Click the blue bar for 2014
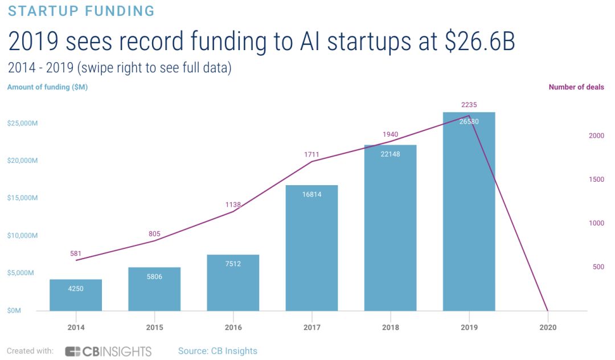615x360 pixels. click(76, 296)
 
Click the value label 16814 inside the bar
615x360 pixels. click(311, 194)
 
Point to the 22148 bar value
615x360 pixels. click(390, 154)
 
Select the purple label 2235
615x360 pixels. click(469, 105)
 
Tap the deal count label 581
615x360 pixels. click(76, 253)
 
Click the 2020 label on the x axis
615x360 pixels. click(547, 328)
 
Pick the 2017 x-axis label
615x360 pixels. click(311, 328)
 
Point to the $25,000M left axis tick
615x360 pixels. click(23, 124)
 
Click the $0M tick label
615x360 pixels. click(14, 311)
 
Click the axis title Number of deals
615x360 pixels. click(576, 87)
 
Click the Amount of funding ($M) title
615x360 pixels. click(47, 87)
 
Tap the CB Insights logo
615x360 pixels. click(108, 351)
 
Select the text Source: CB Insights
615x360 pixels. click(218, 351)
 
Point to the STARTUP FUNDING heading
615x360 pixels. click(81, 11)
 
